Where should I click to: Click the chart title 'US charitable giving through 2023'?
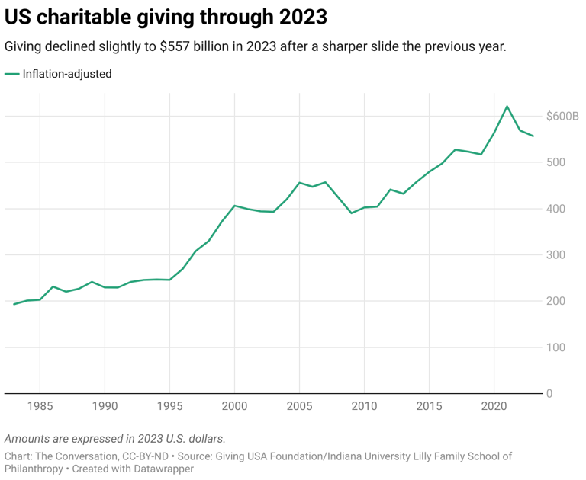coord(166,17)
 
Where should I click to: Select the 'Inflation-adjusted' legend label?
coord(68,74)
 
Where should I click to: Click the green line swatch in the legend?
coord(12,74)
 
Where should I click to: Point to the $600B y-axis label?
coord(562,117)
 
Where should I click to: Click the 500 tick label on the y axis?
coord(555,162)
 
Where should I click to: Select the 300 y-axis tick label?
coord(555,255)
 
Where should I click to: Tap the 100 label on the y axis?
coord(555,347)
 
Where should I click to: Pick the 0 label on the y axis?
coord(549,394)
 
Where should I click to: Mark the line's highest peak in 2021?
coord(507,106)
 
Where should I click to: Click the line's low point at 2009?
coord(351,213)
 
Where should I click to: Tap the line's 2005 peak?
coord(299,183)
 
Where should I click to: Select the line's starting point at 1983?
coord(14,304)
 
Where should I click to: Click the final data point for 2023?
coord(533,136)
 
